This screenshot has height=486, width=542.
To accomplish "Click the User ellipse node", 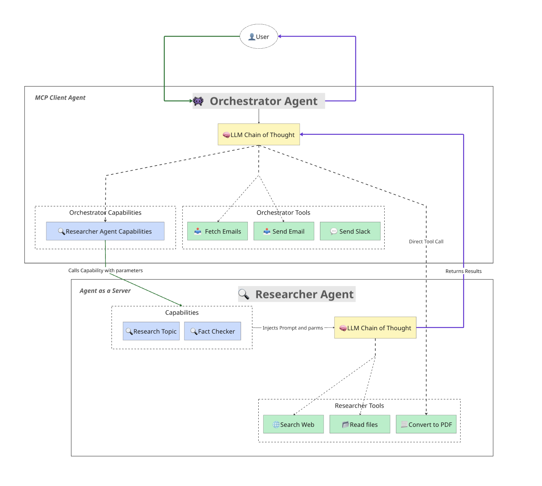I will tap(259, 37).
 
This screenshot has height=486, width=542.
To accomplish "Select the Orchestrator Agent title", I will tap(263, 101).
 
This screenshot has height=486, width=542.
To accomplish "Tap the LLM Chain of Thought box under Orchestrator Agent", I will tap(259, 135).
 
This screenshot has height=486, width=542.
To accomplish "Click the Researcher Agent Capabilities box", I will tap(105, 231).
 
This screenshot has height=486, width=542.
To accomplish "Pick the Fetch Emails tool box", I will tap(218, 231).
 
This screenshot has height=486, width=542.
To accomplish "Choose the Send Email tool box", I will tap(284, 231).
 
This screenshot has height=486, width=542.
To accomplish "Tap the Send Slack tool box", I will tap(350, 231).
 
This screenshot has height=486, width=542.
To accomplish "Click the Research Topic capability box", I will tap(151, 331).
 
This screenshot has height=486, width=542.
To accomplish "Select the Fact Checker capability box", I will tap(212, 331).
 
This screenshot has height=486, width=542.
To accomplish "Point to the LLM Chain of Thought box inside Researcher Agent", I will tap(375, 328).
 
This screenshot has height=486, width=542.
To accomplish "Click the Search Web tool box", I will tap(293, 425).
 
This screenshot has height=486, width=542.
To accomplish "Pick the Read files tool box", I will tap(360, 425).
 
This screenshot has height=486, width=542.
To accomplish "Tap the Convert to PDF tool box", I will tap(426, 425).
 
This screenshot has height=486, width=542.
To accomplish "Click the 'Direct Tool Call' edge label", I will tap(426, 242).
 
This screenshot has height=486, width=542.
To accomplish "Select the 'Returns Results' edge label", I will tap(464, 271).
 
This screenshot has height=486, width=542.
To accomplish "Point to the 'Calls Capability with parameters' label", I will tap(105, 270).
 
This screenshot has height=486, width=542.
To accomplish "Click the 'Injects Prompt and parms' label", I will tap(293, 328).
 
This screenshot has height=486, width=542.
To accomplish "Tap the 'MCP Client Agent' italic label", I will tap(60, 98).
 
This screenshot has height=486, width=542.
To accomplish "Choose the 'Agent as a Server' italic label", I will tap(105, 291).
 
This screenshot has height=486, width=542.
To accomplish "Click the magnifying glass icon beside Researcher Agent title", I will tap(244, 294).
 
